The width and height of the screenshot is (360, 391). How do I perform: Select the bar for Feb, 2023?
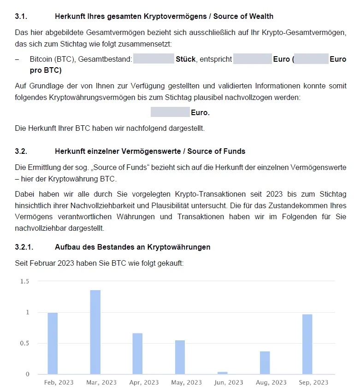click(x=53, y=344)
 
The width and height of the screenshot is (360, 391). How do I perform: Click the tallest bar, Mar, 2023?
click(x=95, y=332)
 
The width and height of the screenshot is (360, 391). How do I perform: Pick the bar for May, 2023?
click(x=180, y=357)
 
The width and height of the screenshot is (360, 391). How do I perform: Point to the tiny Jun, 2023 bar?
click(x=222, y=373)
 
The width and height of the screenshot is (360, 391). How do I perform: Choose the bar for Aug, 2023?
click(x=265, y=363)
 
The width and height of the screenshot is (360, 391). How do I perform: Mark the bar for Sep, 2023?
click(x=307, y=344)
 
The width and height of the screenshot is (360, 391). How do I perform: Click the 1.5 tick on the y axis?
click(x=24, y=281)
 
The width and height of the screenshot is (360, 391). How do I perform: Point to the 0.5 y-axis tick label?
click(x=24, y=343)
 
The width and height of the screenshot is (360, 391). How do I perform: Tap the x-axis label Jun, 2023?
click(x=229, y=382)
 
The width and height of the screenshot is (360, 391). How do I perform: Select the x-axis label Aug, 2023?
click(x=271, y=382)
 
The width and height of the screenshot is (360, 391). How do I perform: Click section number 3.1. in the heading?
click(x=21, y=17)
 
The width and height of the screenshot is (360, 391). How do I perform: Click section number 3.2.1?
click(x=24, y=247)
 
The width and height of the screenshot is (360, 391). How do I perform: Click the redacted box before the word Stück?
click(x=153, y=59)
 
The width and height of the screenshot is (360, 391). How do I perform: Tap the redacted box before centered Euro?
click(x=170, y=112)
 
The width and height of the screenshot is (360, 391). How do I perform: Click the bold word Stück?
click(x=186, y=59)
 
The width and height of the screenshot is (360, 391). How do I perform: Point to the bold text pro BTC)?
click(x=46, y=70)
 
